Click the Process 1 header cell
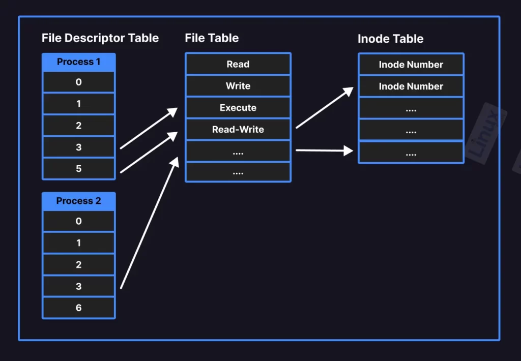coord(79,62)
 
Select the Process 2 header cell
coord(79,201)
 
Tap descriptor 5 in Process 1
coord(79,169)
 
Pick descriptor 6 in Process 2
coord(79,308)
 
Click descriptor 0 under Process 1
coord(79,82)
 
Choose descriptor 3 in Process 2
coord(79,286)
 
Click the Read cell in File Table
coord(238,65)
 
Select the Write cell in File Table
coord(238,86)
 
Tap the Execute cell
coord(238,108)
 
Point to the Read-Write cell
coord(238,130)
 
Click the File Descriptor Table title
coord(100,38)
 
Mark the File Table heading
coord(212,38)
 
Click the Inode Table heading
coord(391,39)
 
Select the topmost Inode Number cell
coord(411,65)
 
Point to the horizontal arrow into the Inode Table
coord(324,151)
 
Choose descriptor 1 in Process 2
coord(79,243)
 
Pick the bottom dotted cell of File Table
coord(238,173)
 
